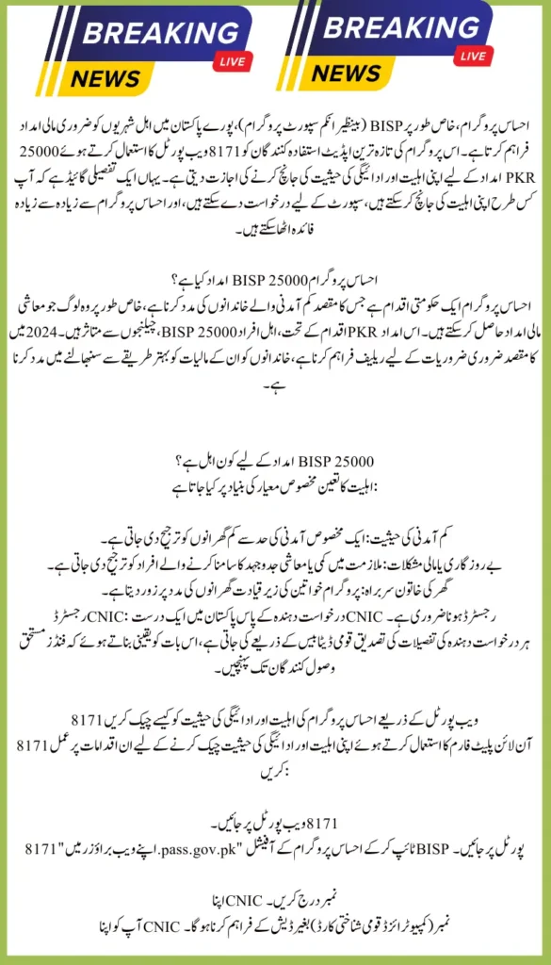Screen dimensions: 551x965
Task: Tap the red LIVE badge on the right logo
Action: click(x=475, y=56)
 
